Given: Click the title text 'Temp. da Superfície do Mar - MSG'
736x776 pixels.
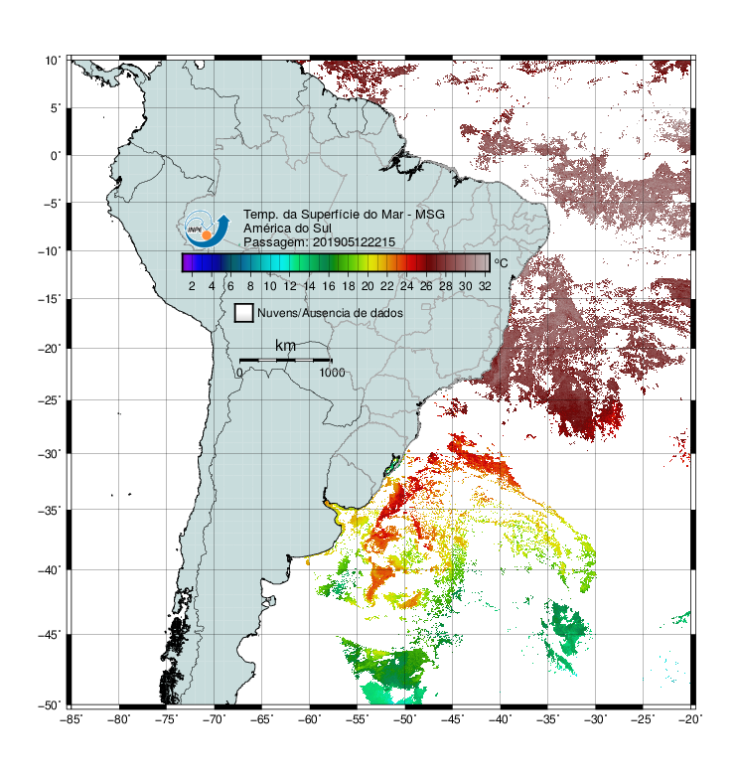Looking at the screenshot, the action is pyautogui.click(x=344, y=215).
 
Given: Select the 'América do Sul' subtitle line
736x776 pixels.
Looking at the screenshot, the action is pyautogui.click(x=287, y=229).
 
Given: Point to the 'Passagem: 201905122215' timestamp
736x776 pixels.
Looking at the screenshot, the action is pyautogui.click(x=319, y=242).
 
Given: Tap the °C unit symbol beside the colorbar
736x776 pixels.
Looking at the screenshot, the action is pyautogui.click(x=501, y=262).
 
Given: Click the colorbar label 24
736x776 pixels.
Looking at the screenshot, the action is pyautogui.click(x=406, y=286).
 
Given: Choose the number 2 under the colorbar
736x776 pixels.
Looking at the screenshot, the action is pyautogui.click(x=192, y=286).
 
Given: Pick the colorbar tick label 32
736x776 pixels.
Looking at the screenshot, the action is pyautogui.click(x=485, y=286).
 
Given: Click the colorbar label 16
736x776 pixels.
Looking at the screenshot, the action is pyautogui.click(x=329, y=286).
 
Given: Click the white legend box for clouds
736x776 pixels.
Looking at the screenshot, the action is pyautogui.click(x=244, y=313).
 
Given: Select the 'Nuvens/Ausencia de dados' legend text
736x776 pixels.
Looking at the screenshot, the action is pyautogui.click(x=330, y=313).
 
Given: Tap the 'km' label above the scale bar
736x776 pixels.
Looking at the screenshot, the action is pyautogui.click(x=285, y=345).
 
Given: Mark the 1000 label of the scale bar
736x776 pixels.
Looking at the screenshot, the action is pyautogui.click(x=332, y=373).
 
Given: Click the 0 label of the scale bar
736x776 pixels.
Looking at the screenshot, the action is pyautogui.click(x=239, y=373).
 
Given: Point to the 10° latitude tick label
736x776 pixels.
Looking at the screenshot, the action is pyautogui.click(x=53, y=61).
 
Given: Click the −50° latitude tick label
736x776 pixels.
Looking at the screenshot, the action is pyautogui.click(x=50, y=704).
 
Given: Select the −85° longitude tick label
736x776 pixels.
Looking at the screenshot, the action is pyautogui.click(x=72, y=719).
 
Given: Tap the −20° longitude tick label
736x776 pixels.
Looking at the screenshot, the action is pyautogui.click(x=690, y=719).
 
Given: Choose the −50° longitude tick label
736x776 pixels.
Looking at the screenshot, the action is pyautogui.click(x=405, y=719).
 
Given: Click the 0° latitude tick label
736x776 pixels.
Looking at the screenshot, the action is pyautogui.click(x=56, y=156).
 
